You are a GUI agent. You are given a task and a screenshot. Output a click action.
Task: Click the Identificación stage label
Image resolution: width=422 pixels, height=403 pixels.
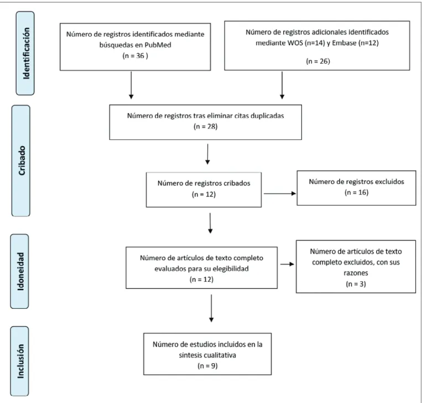point(26,53)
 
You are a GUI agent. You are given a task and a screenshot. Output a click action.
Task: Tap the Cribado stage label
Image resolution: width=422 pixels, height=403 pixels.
point(22,161)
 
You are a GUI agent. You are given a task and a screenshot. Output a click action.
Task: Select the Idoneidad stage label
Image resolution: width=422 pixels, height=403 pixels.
point(20,271)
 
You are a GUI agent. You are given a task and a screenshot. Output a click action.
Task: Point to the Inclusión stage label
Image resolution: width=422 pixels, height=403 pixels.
point(20,361)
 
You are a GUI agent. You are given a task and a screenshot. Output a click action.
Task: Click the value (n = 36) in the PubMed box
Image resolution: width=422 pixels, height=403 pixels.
point(135,56)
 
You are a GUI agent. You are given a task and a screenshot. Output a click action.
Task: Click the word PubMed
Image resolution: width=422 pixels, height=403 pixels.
point(158,45)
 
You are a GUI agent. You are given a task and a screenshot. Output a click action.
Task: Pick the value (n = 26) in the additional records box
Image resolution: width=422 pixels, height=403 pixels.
point(318,61)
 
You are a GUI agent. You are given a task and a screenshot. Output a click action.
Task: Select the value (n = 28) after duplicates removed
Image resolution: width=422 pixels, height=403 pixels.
point(205,127)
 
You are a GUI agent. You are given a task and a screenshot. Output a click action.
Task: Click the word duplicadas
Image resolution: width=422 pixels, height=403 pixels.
point(267,116)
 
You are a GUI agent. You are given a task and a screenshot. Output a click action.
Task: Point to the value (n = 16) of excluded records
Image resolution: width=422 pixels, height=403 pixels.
point(356,192)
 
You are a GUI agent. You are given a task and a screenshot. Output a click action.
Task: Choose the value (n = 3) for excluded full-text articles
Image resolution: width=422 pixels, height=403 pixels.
point(356,284)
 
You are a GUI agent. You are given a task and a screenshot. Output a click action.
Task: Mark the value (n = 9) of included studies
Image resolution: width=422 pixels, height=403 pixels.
point(207,366)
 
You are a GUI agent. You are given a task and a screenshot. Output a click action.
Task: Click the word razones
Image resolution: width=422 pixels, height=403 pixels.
point(356,273)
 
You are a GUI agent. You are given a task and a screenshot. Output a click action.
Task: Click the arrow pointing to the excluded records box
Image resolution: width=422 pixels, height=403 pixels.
point(280,193)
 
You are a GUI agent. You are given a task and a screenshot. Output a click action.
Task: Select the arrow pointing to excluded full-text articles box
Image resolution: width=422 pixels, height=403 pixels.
point(287,264)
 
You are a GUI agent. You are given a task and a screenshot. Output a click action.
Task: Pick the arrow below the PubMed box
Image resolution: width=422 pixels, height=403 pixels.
point(131,85)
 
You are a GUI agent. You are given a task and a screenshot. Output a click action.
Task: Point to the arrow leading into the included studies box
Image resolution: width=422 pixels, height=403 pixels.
point(211,308)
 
